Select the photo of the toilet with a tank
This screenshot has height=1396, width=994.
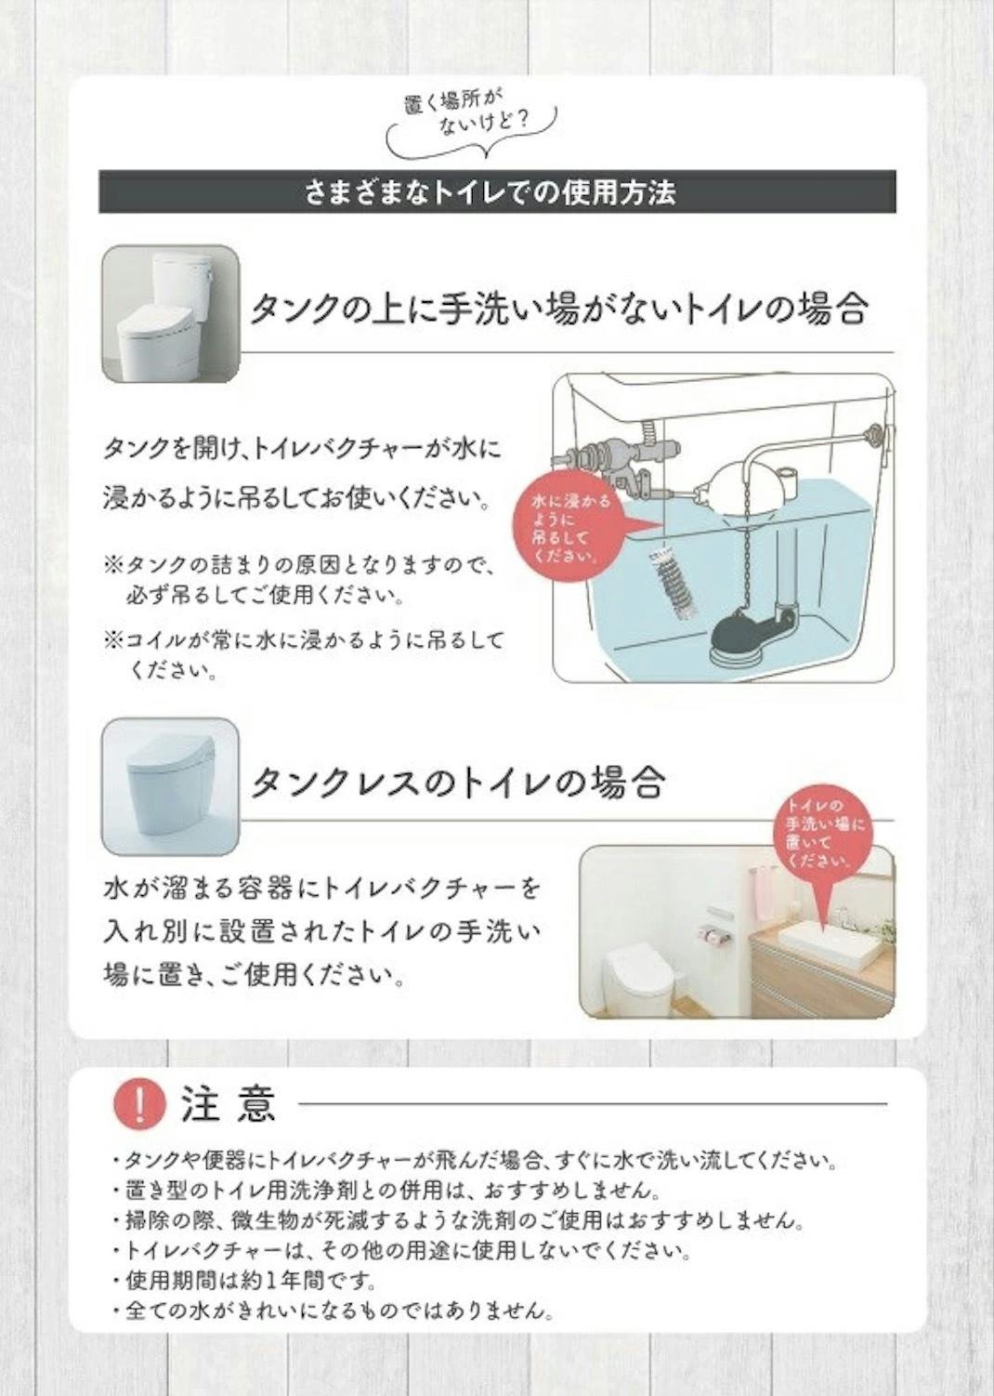[x=171, y=313]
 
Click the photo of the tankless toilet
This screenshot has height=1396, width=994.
[x=171, y=787]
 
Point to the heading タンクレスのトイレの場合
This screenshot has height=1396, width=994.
[x=458, y=784]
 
